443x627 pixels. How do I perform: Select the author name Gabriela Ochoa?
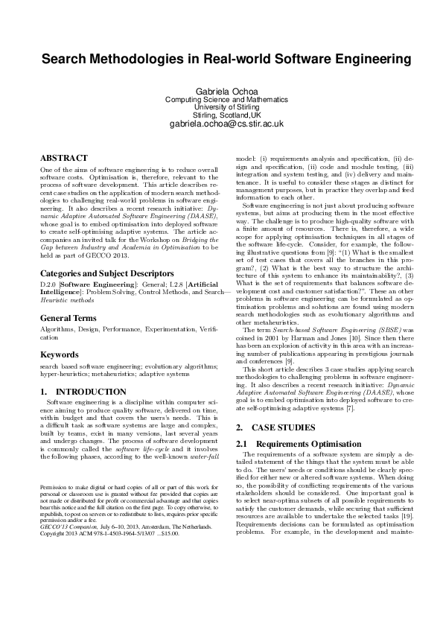point(221,90)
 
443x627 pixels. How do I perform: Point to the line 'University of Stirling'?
point(221,107)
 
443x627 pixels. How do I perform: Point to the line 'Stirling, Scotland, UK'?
point(221,115)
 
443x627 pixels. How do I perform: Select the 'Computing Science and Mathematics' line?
point(221,99)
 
